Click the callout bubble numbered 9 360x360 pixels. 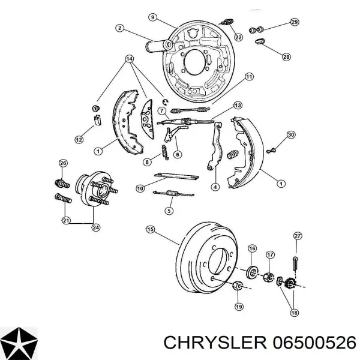click(153, 17)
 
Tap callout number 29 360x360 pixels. click(295, 22)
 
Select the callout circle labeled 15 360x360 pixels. click(151, 229)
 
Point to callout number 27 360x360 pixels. click(298, 236)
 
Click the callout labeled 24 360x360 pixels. click(96, 227)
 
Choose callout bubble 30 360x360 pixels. click(291, 135)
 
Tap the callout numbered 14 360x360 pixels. click(130, 59)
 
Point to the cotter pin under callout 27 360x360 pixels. click(295, 263)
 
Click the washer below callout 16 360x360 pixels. click(252, 272)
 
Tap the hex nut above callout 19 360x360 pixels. click(238, 286)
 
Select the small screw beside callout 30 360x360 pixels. click(271, 151)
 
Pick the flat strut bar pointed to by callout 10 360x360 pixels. click(176, 176)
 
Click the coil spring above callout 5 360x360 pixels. click(173, 193)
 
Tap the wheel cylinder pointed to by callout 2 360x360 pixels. click(158, 46)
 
